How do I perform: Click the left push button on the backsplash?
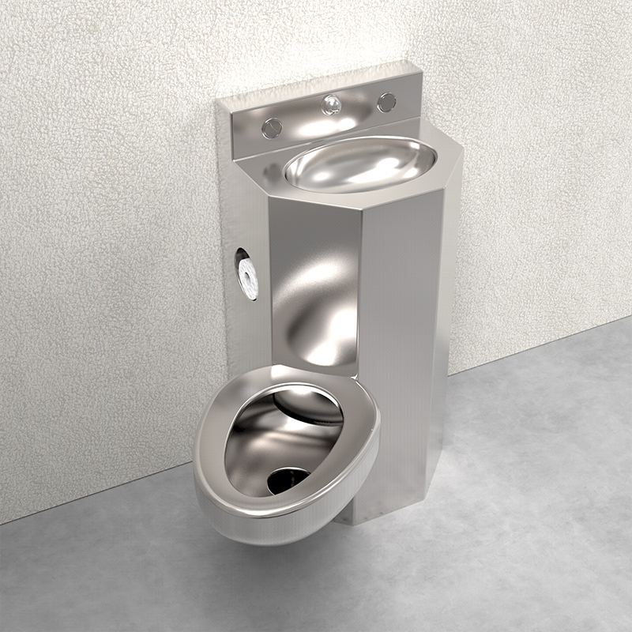[x=272, y=126]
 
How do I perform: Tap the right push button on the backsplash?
[x=386, y=102]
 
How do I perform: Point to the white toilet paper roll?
[x=248, y=273]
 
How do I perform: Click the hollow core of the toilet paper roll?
[x=246, y=272]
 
